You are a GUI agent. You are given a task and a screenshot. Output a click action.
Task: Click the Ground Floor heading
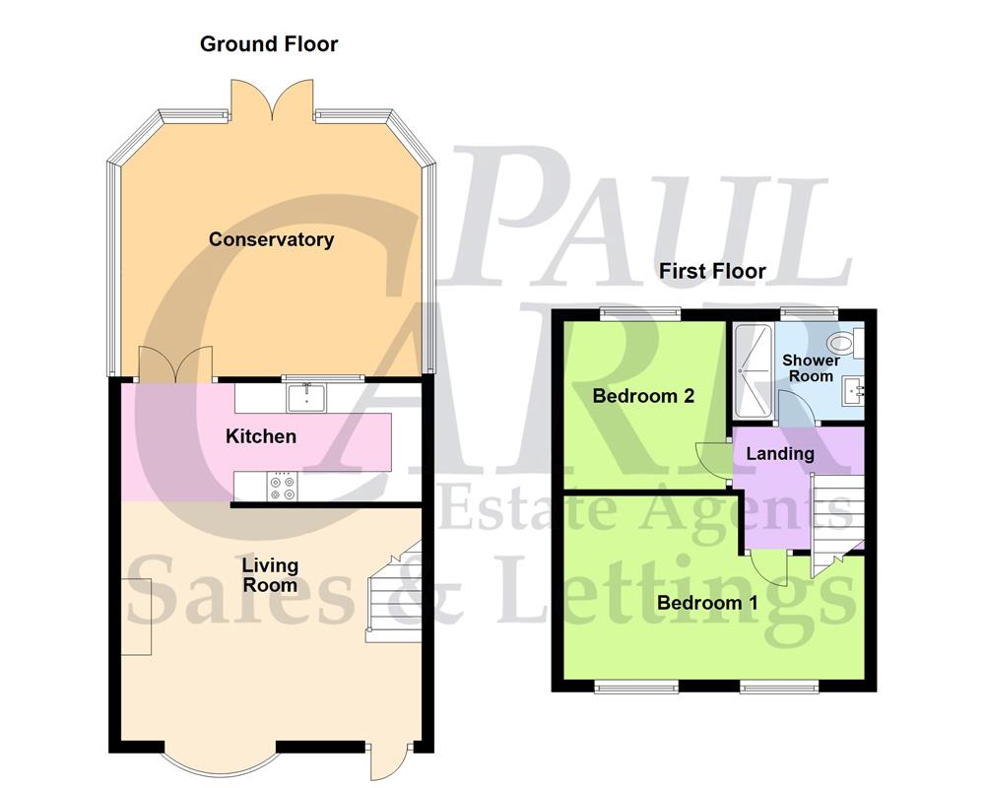coord(268,44)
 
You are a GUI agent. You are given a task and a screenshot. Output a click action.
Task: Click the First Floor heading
coord(712,271)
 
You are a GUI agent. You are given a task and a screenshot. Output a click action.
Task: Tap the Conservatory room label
coord(271,239)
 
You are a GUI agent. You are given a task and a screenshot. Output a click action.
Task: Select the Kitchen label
coord(261,435)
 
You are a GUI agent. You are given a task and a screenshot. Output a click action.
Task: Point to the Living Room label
coord(270,575)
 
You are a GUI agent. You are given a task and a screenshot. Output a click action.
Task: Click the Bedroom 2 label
coord(643,396)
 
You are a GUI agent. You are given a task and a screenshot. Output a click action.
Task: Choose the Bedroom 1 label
coord(707,603)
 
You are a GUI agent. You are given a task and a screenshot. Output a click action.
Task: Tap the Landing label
coord(779,454)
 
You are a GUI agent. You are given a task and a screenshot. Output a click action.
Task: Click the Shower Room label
coord(811,367)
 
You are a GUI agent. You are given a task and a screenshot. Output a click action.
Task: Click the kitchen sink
coord(306,398)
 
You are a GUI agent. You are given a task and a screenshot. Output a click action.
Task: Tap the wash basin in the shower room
coord(853,392)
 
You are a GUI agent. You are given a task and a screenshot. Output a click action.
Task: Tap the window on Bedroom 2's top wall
coord(642,313)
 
